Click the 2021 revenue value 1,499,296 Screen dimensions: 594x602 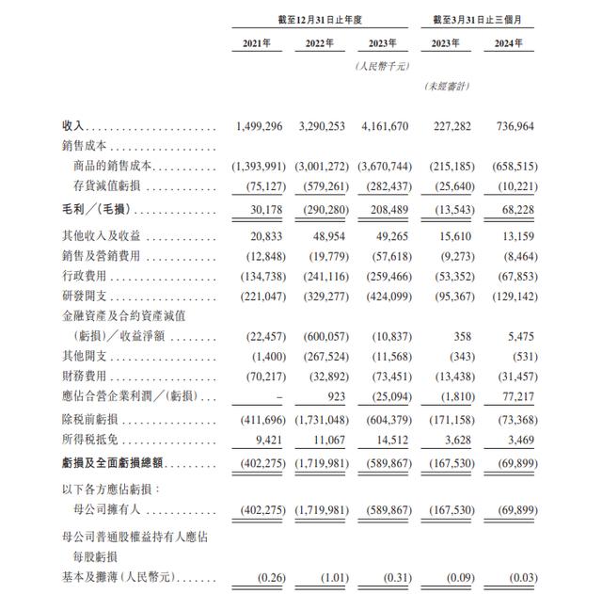pyautogui.click(x=261, y=124)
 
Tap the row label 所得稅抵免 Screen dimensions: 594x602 pyautogui.click(x=90, y=439)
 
